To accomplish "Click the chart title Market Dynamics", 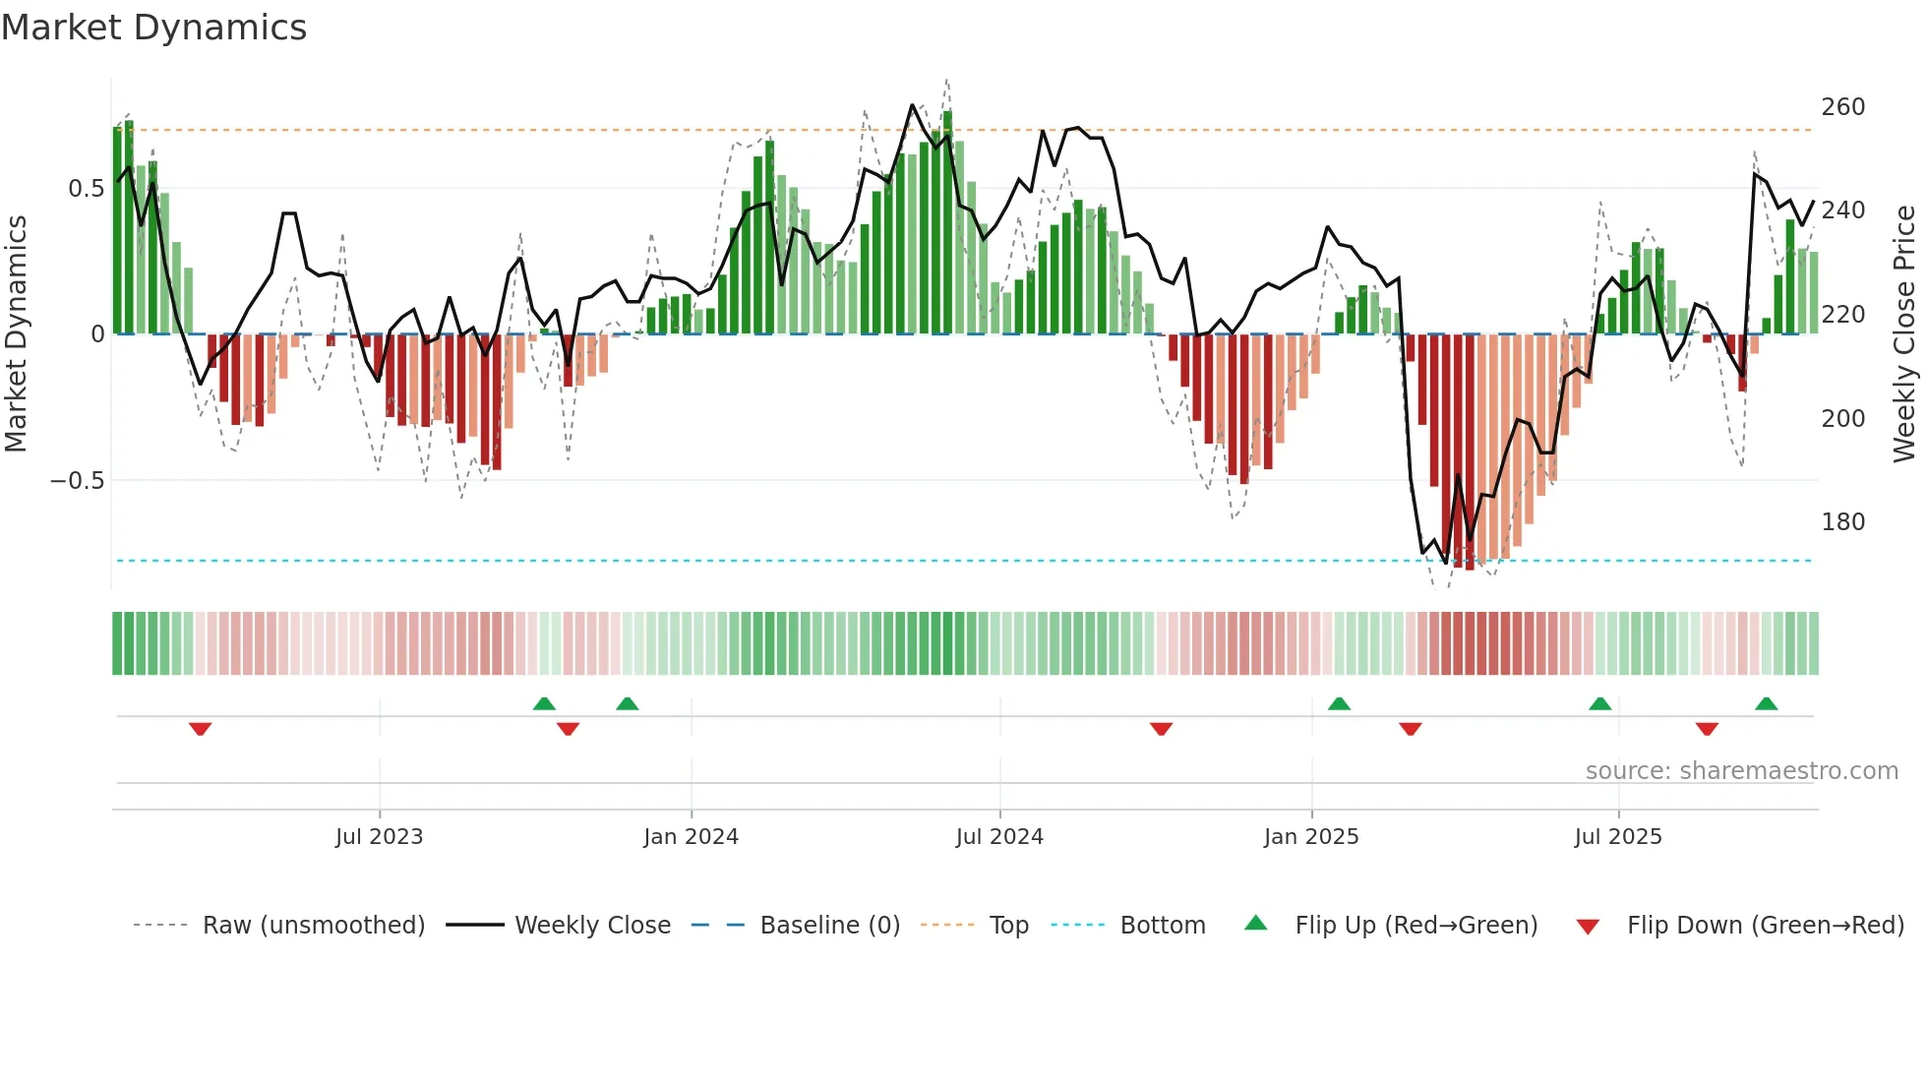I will tap(153, 28).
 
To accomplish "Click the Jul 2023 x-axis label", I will tap(379, 837).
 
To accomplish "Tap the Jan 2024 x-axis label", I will tap(691, 837).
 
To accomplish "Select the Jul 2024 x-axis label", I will tap(999, 837).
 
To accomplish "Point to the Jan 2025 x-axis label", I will tap(1311, 837).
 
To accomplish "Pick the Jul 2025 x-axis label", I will tap(1618, 837).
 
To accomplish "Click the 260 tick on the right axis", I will tap(1842, 106).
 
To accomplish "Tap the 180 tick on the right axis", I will tap(1842, 522).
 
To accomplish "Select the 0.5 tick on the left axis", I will tap(86, 189).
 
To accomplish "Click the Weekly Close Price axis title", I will tap(1905, 334).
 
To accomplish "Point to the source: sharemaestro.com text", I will tap(1741, 771).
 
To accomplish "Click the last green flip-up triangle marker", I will tap(1766, 704).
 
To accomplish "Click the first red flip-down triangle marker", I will tap(201, 729).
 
